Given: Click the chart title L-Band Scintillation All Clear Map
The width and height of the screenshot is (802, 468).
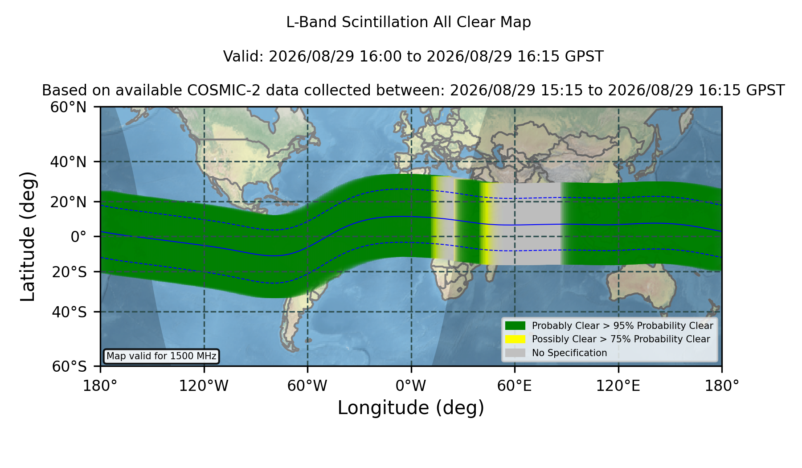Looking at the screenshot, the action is point(408,22).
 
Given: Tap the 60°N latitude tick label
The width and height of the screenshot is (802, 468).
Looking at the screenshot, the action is point(68,107).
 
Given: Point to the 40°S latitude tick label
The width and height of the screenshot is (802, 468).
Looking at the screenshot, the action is point(69,312).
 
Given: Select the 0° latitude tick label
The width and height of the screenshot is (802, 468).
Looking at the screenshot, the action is point(78,237).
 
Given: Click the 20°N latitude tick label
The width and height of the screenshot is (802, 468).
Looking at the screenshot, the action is point(68,202).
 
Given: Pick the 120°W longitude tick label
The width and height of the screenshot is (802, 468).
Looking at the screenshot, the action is point(204,386).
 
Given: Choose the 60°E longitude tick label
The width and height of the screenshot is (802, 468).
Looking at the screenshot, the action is point(515,386).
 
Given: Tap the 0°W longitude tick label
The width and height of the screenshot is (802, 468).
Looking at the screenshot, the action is point(411,386).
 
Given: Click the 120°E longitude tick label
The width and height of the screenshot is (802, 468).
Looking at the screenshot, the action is point(618,386).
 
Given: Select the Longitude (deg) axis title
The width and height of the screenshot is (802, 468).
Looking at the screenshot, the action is point(411,408).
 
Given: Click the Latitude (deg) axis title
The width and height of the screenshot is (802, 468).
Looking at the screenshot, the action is point(28,236).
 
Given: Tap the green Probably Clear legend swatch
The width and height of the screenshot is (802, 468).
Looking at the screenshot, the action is point(515,325).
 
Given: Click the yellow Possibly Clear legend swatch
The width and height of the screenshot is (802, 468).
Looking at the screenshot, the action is point(515,339).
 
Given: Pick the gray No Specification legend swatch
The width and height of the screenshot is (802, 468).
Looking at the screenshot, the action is point(515,353).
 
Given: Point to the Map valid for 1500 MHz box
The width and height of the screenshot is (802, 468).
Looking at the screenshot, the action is point(161,356).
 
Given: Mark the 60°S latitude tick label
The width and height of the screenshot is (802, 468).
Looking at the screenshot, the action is point(69,366).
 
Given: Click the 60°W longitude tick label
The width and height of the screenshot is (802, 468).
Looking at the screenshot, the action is point(307,386).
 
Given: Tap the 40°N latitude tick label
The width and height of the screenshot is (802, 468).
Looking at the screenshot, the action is point(68,162).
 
